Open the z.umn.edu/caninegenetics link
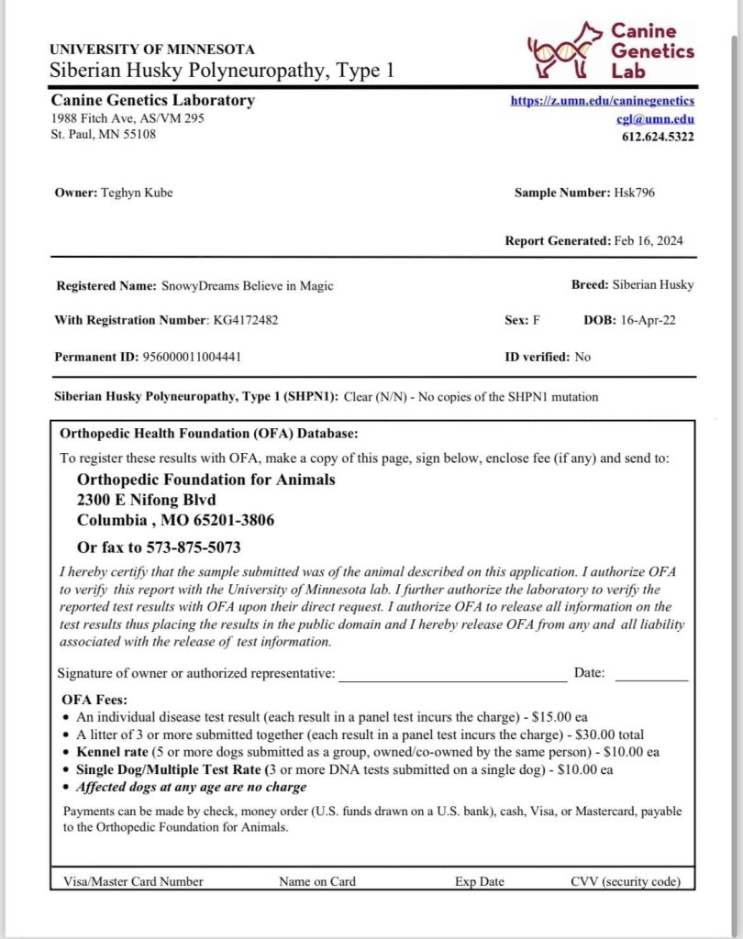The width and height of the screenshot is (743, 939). [602, 101]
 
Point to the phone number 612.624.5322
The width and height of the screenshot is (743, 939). [658, 137]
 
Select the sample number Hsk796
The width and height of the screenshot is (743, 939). [635, 193]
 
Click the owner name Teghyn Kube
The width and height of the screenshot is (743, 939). [136, 193]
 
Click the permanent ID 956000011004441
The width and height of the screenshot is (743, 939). [191, 356]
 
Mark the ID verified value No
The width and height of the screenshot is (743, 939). [582, 356]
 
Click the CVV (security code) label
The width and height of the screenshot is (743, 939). [625, 881]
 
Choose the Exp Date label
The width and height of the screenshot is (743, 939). [479, 881]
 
